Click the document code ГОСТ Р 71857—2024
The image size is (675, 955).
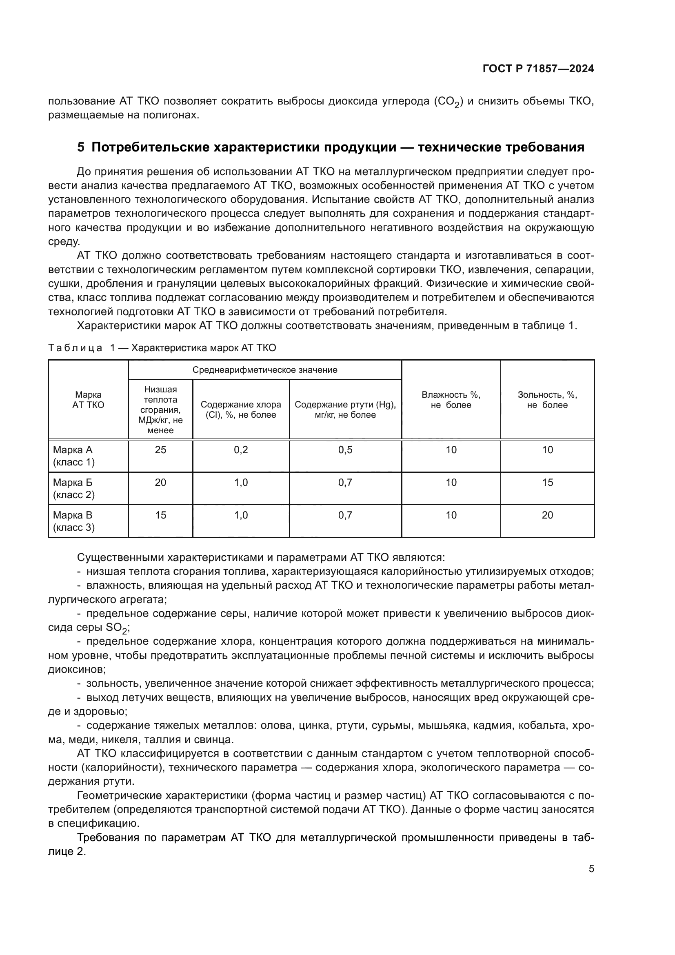538,69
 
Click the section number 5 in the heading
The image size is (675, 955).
81,147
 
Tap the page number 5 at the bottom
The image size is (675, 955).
591,869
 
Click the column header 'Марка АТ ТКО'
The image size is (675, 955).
88,400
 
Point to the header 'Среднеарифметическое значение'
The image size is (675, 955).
265,370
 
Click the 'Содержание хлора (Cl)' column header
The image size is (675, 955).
241,409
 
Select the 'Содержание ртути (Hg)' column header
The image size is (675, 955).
345,409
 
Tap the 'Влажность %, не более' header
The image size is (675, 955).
451,400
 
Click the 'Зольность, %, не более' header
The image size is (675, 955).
547,400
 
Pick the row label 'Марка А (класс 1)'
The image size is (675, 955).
73,456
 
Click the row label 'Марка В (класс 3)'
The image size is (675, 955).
73,521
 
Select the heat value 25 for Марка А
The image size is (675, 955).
160,450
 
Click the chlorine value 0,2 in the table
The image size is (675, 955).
241,450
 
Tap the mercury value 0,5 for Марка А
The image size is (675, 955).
345,450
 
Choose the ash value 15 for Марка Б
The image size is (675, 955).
547,483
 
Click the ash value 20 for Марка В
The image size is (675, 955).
547,515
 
